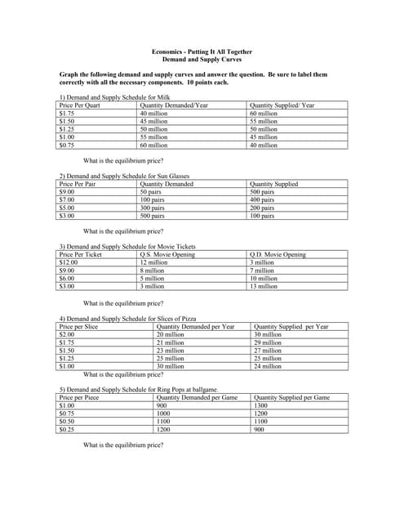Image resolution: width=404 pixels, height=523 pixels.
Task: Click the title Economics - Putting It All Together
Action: point(202,52)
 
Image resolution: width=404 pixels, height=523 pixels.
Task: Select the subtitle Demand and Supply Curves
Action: point(202,60)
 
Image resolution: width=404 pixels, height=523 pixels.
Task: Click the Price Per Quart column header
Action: point(80,105)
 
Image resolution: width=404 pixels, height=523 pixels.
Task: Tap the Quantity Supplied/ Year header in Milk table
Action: point(282,105)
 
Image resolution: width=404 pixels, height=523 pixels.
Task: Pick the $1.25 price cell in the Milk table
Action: point(68,129)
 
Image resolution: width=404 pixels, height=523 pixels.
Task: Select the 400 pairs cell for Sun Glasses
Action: point(262,200)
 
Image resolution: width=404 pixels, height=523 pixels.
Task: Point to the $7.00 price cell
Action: point(68,200)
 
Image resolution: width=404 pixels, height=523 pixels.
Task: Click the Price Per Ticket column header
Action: point(81,255)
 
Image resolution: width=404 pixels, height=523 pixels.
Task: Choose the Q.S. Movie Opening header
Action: point(167,255)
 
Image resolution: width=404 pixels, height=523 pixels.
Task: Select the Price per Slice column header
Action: point(79,327)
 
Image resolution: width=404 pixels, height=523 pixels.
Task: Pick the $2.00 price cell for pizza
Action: point(68,335)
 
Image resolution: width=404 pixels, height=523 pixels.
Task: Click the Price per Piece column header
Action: point(80,397)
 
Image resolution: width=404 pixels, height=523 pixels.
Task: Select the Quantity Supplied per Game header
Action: point(292,397)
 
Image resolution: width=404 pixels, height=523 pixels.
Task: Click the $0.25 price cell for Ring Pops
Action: point(68,429)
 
